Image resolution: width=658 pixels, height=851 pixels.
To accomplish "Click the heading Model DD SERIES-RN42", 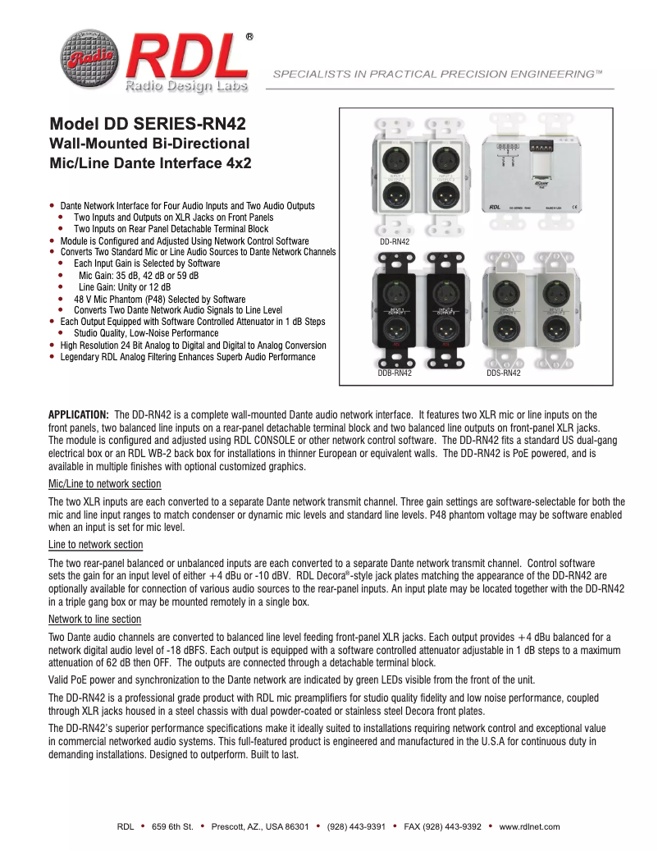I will pos(148,125).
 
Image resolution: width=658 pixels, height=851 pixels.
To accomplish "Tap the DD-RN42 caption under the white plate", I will pos(394,243).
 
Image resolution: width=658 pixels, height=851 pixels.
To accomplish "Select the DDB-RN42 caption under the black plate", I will pos(395,373).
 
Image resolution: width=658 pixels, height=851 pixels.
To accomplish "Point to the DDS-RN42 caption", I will pos(504,373).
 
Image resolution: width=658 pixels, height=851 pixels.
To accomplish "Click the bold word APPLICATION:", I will pos(79,414).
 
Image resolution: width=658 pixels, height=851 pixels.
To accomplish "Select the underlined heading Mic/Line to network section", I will pos(105,484).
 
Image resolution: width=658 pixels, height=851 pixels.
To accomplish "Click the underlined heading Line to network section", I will pos(95,545).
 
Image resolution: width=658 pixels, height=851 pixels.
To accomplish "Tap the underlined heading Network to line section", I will pos(95,619).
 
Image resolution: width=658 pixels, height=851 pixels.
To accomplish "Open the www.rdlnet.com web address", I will pos(529,826).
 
